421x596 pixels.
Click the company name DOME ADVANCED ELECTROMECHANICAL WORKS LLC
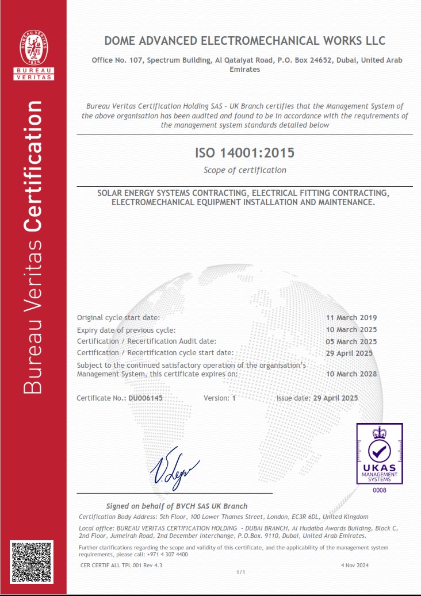[244, 41]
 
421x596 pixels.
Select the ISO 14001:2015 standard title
[244, 153]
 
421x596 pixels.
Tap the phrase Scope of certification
[244, 170]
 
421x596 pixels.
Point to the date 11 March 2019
[351, 318]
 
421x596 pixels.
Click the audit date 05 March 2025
[351, 341]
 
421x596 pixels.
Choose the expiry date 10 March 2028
[351, 374]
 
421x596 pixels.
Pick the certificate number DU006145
[146, 398]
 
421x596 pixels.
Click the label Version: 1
[220, 398]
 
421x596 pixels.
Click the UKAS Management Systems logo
[379, 453]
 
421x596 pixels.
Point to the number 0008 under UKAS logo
[380, 490]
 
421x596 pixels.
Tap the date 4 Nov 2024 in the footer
[355, 566]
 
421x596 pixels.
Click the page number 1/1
[241, 572]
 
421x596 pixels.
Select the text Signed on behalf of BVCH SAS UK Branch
[177, 506]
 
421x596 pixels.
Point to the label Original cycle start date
[118, 318]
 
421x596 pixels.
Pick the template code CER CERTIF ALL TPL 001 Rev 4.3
[121, 566]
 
